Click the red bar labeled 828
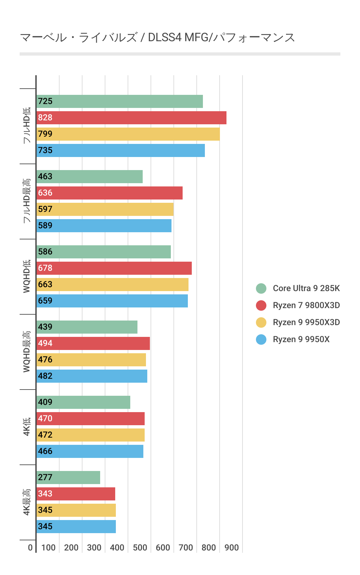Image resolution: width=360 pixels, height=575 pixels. (x=131, y=118)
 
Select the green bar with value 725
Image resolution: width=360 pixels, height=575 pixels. (x=119, y=101)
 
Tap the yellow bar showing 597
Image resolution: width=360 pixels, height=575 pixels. (x=105, y=209)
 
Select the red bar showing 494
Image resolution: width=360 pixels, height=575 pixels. (x=93, y=343)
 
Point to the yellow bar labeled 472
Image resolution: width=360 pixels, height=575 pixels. (x=90, y=435)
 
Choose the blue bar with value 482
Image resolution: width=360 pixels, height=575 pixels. (x=92, y=376)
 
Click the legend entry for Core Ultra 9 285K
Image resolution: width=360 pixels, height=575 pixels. (x=306, y=288)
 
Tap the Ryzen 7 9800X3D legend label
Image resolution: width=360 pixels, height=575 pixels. (x=306, y=305)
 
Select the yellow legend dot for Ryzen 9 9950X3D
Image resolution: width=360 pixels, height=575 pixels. (x=261, y=322)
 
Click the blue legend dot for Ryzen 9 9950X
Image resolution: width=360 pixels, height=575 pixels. (x=261, y=340)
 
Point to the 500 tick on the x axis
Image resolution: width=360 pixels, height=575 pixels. (x=140, y=548)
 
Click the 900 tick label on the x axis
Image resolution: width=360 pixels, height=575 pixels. (x=232, y=548)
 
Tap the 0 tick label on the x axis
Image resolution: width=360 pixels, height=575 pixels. (x=30, y=548)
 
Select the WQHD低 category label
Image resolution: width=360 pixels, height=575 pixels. (x=27, y=276)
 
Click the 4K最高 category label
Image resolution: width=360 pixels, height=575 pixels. (x=27, y=502)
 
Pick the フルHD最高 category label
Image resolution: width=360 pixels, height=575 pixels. (x=27, y=201)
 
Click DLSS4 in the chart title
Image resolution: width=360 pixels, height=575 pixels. (x=165, y=38)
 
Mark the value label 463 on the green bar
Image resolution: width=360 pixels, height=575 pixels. (x=45, y=177)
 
